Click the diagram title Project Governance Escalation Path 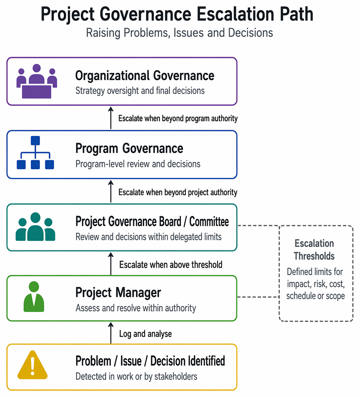coord(177,14)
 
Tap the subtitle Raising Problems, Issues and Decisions coord(179,33)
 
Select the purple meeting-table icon coord(37,81)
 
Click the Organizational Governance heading coord(145,76)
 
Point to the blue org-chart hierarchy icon coord(35,152)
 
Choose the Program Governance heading coord(129,149)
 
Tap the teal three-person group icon coord(35,227)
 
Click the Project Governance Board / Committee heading coord(152,221)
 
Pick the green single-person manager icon coord(34,297)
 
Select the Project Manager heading coord(118,292)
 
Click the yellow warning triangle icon coord(33,365)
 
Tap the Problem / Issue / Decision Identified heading coord(150,361)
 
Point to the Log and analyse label coord(146,334)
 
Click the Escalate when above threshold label coord(171,265)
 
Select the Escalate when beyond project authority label coord(178,192)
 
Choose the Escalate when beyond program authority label coord(178,118)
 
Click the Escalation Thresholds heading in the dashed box coord(314,250)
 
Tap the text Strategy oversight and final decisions coord(140,91)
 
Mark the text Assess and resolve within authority coord(136,308)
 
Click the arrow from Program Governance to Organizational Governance coord(110,118)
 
